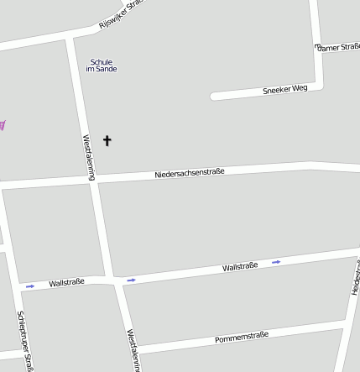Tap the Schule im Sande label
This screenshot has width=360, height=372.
point(102,65)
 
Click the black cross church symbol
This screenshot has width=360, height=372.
point(107,140)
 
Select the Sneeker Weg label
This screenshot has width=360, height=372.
point(285,88)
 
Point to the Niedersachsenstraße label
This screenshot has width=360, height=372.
point(190,173)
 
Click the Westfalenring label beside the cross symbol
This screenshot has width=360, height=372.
point(89,156)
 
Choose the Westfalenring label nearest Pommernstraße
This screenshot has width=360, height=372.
point(132,349)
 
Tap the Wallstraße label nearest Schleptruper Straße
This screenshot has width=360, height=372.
point(66,283)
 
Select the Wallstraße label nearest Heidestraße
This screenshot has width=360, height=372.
point(240,266)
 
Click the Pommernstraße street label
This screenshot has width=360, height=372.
point(242,336)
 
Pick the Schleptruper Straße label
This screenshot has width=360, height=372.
point(24,340)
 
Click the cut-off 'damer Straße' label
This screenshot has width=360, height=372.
point(339,47)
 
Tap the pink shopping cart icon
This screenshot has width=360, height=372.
point(3,125)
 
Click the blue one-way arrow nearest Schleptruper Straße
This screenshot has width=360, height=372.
point(30,286)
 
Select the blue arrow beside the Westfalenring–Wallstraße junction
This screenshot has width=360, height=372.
point(131,280)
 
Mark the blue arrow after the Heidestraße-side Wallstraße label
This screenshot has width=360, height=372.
point(276,262)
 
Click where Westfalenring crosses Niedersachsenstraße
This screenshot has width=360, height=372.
point(94,180)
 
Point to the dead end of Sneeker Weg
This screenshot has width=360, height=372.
point(215,96)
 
